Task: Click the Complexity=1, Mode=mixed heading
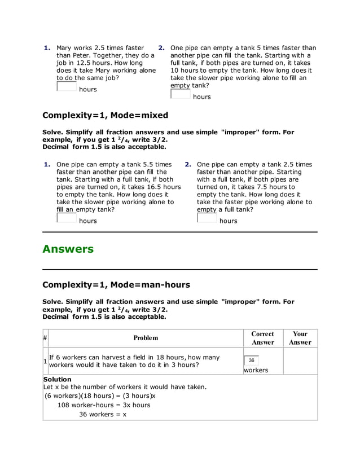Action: [x=105, y=115]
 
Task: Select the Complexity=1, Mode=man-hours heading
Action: [x=116, y=285]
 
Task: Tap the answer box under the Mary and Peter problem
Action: [x=67, y=87]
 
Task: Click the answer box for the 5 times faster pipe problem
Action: [x=181, y=94]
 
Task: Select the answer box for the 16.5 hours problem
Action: [x=67, y=218]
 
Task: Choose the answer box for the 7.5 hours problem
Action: [x=207, y=218]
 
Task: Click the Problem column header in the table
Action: [x=146, y=338]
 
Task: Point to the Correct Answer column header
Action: [x=262, y=338]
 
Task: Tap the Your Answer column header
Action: [x=300, y=338]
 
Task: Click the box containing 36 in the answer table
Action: [x=252, y=361]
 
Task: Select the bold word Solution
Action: [x=58, y=379]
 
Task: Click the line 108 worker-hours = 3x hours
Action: [x=104, y=405]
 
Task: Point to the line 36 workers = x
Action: [x=102, y=414]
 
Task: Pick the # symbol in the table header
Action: [x=45, y=338]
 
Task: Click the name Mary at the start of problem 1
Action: [x=64, y=48]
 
